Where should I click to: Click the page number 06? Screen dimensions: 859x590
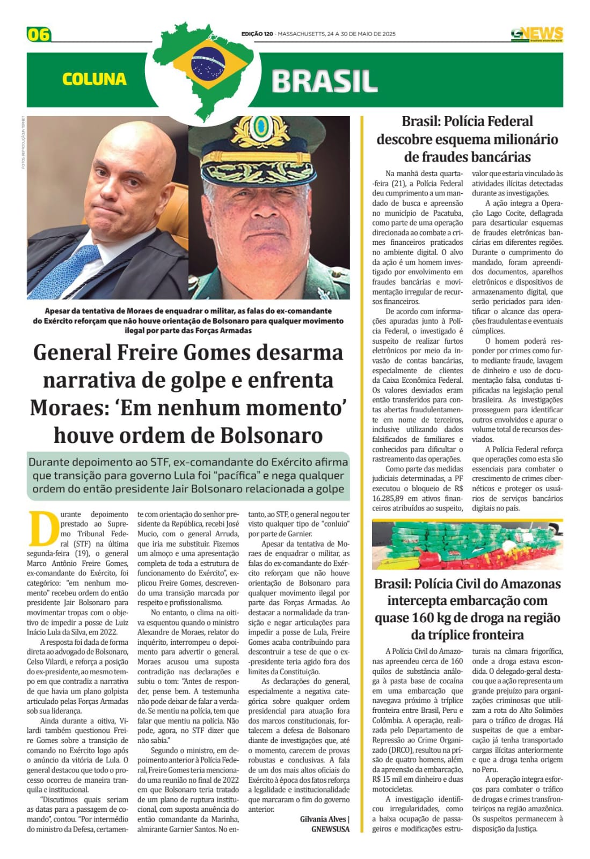tap(39, 35)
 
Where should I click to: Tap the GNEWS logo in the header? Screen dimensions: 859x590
tap(537, 34)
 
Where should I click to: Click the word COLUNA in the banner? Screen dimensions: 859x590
tap(94, 79)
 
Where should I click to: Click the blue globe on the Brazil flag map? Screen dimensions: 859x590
tap(208, 61)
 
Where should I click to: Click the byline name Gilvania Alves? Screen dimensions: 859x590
tap(323, 819)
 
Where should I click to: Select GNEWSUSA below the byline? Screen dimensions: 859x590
tap(330, 829)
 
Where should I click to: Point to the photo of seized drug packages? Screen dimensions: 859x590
tap(467, 544)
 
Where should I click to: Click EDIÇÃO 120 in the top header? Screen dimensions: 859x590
tap(257, 34)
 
